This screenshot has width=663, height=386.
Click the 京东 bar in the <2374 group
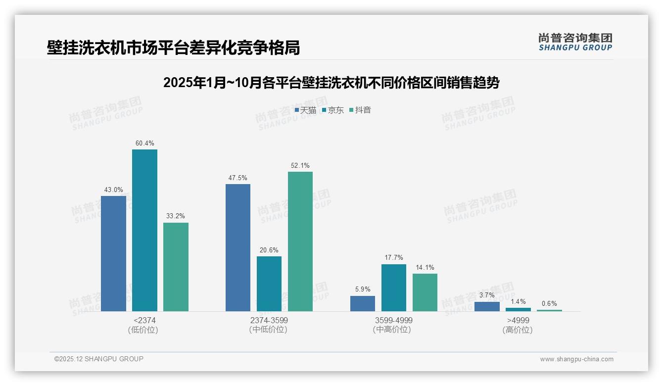(x=144, y=230)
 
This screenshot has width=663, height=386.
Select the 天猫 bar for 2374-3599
(x=238, y=247)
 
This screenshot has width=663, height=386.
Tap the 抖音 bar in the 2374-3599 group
(x=300, y=241)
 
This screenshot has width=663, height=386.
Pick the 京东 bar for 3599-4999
(x=394, y=288)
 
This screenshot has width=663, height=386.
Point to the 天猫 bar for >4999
(x=487, y=306)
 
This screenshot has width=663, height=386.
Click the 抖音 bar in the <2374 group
(x=176, y=267)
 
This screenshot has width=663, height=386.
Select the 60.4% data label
(x=144, y=144)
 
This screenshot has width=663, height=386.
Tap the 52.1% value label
(x=300, y=166)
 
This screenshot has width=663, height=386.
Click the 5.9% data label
(x=363, y=289)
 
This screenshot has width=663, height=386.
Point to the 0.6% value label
(x=549, y=304)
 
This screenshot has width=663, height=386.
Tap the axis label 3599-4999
(x=394, y=321)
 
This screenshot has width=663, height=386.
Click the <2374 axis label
(x=144, y=321)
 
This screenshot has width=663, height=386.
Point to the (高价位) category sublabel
(x=518, y=330)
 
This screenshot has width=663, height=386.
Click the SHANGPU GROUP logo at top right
(x=575, y=42)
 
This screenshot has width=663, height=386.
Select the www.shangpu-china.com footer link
(x=576, y=359)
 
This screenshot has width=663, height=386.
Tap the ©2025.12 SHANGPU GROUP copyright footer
(x=99, y=359)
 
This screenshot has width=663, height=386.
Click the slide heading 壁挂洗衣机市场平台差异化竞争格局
(x=173, y=48)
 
